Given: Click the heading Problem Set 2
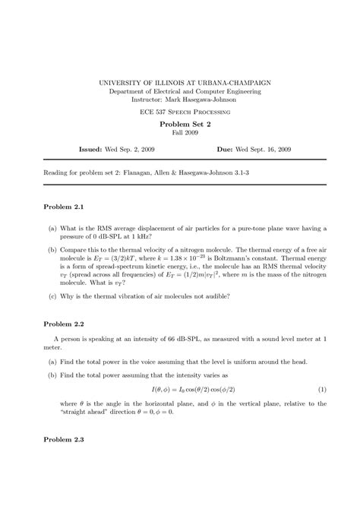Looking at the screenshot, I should pyautogui.click(x=179, y=124).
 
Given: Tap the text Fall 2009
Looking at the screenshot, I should pyautogui.click(x=179, y=134).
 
